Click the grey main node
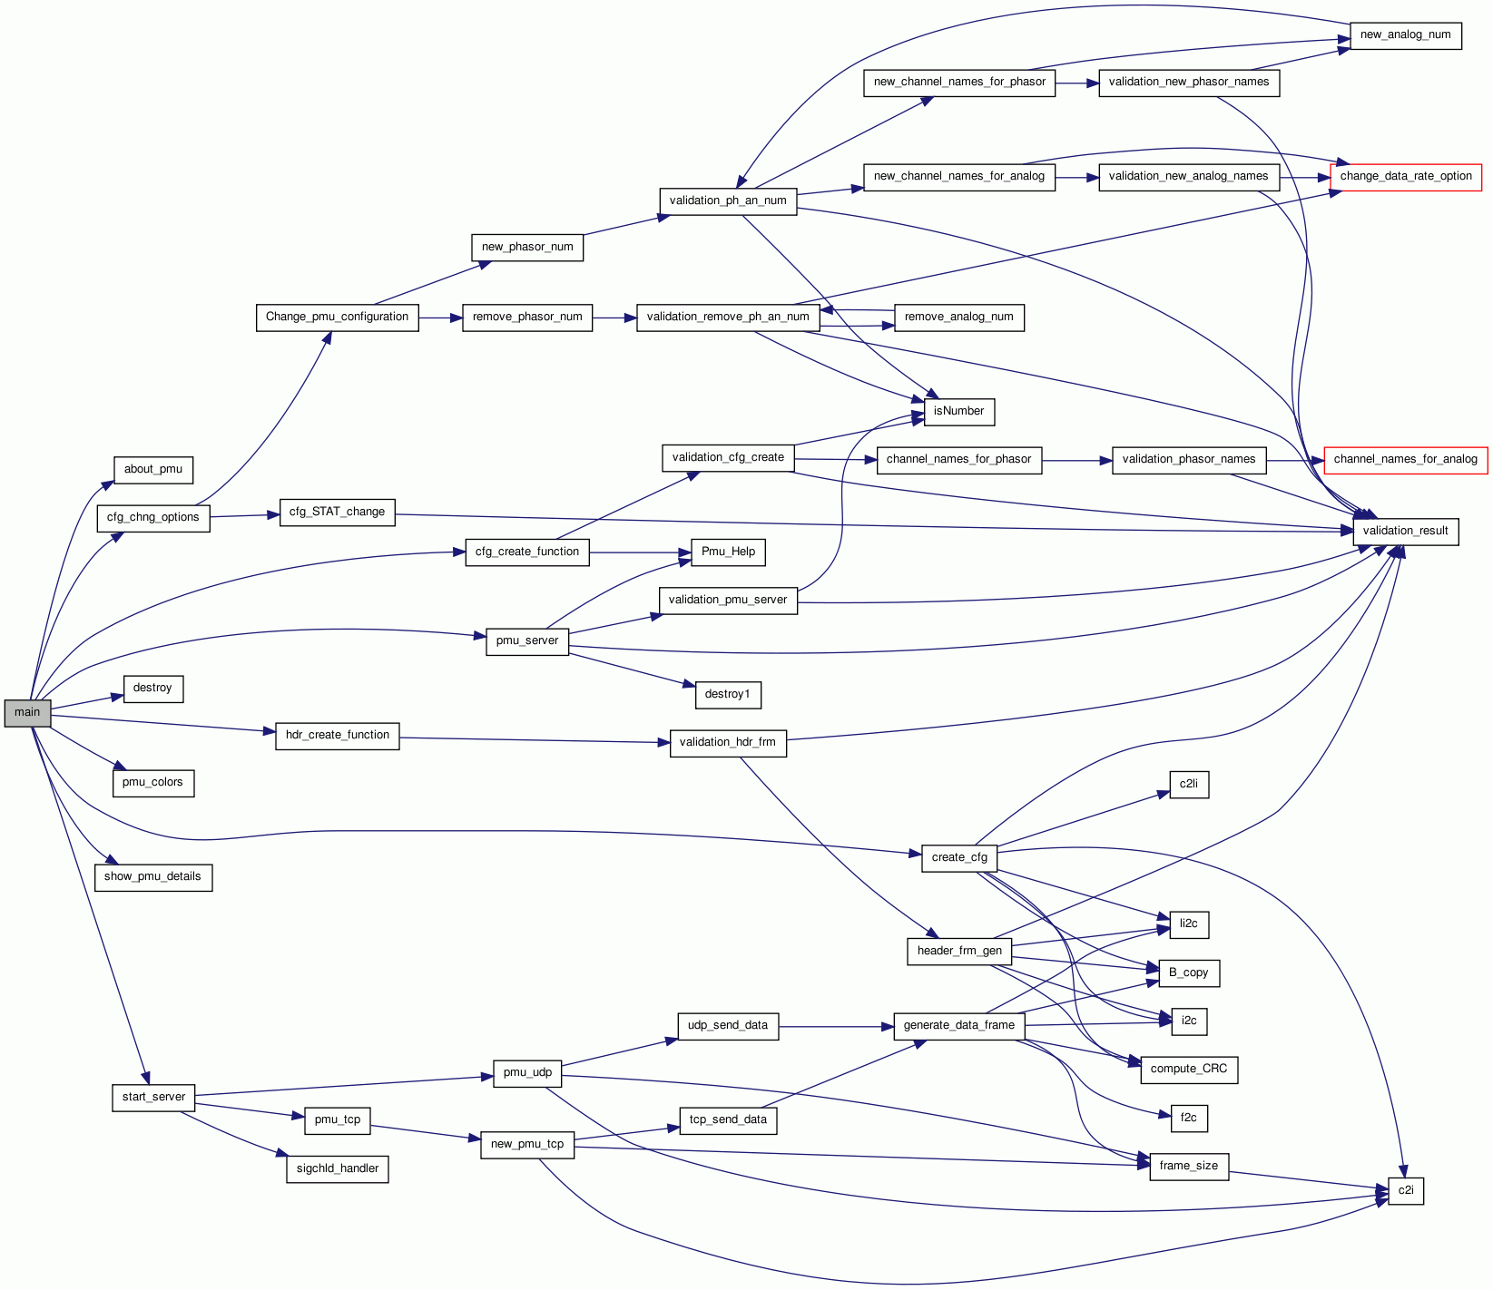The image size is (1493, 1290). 27,713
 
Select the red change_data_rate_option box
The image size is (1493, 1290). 1405,177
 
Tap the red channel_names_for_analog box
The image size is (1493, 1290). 1405,460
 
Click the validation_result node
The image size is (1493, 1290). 1405,532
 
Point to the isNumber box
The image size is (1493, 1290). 958,412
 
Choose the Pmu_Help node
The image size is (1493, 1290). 728,552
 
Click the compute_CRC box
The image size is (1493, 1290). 1188,1070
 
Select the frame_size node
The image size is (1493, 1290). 1188,1167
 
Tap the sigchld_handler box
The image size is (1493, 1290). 337,1169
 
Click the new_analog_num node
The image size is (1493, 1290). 1405,35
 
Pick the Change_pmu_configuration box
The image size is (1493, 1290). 337,318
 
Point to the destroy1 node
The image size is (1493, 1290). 727,695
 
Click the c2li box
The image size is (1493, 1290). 1188,785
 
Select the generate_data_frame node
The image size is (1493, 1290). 958,1026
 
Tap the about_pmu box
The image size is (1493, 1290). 152,470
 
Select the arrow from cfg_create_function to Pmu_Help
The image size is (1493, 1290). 640,552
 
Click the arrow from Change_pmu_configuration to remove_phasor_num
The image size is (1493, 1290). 440,318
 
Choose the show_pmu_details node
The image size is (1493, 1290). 152,877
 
